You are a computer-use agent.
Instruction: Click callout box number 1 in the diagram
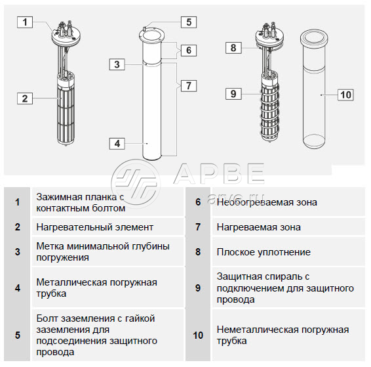pos(25,22)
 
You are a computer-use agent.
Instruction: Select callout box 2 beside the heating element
pos(25,98)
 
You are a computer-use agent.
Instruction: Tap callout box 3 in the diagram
pos(117,64)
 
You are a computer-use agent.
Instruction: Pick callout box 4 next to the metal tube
pos(117,144)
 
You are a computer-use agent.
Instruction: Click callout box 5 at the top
pos(189,22)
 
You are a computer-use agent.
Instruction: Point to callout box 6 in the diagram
pos(189,51)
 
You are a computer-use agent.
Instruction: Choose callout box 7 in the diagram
pos(189,86)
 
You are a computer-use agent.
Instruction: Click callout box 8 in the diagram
pos(233,48)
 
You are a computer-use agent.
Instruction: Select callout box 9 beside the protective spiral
pos(233,94)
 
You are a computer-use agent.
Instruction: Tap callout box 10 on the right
pos(345,95)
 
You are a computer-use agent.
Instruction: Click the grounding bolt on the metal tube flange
pos(145,30)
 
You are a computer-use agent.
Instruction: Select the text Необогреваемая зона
pos(267,202)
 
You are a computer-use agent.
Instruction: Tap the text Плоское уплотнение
pos(264,252)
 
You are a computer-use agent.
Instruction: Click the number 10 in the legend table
pos(198,335)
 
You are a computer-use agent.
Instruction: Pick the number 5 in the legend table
pos(18,335)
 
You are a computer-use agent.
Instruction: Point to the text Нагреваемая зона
pos(259,227)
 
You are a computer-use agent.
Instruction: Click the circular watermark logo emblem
pos(136,184)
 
